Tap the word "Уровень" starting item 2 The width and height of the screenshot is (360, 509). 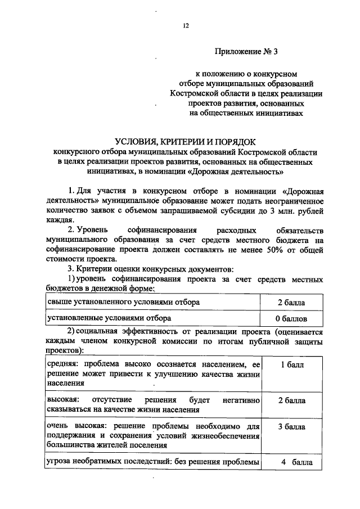[x=92, y=231]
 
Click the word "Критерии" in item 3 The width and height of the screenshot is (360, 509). [x=92, y=269]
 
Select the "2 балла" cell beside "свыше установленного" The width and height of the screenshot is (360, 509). [x=291, y=303]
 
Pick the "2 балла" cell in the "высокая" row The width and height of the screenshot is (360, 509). [x=291, y=401]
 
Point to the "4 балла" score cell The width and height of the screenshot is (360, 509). [x=291, y=462]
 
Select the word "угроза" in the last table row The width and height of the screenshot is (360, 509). [x=59, y=462]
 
